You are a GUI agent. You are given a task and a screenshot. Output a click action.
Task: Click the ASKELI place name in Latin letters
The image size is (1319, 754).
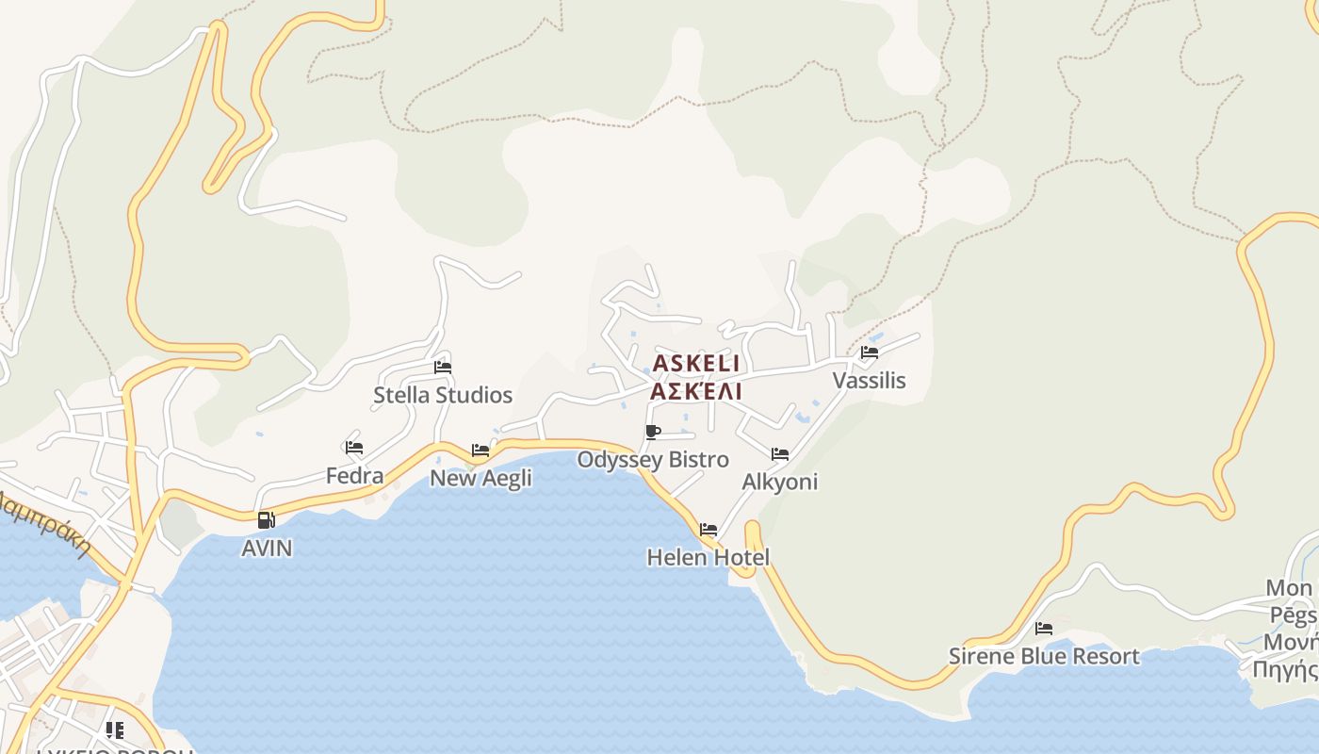696,363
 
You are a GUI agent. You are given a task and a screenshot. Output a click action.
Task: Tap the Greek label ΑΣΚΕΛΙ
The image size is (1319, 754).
696,391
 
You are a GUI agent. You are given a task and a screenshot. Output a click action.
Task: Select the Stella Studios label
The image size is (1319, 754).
443,395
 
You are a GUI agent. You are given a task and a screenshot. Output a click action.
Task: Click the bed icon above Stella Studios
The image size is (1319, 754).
443,368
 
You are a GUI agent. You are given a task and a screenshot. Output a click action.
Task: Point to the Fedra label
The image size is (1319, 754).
354,476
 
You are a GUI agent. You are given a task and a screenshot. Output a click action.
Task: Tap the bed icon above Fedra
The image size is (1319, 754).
354,448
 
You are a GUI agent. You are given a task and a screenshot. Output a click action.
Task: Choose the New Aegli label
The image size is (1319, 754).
480,478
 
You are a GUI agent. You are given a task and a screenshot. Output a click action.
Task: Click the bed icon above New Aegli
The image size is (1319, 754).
480,451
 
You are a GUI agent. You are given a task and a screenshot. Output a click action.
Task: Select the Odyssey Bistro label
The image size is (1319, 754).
653,460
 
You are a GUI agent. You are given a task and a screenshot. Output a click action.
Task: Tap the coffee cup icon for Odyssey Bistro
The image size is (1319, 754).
653,433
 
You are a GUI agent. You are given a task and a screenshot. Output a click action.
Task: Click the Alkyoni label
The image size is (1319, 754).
780,482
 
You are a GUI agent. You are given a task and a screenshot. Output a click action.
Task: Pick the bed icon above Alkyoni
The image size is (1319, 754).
780,454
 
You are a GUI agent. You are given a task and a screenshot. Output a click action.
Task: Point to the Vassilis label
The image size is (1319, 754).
869,380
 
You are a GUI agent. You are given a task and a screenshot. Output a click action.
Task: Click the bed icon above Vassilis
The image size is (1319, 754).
869,353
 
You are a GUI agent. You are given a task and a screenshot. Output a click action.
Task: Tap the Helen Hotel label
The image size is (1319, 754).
708,557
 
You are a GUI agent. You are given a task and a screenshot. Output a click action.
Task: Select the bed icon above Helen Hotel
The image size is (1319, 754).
708,530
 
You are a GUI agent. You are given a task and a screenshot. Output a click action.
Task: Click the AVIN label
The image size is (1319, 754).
267,548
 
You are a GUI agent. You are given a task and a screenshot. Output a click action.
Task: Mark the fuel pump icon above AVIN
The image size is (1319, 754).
267,519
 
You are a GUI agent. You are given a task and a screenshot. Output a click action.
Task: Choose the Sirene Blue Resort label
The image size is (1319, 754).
1044,656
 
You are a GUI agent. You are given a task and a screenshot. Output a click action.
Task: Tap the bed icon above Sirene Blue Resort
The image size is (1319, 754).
1044,629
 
